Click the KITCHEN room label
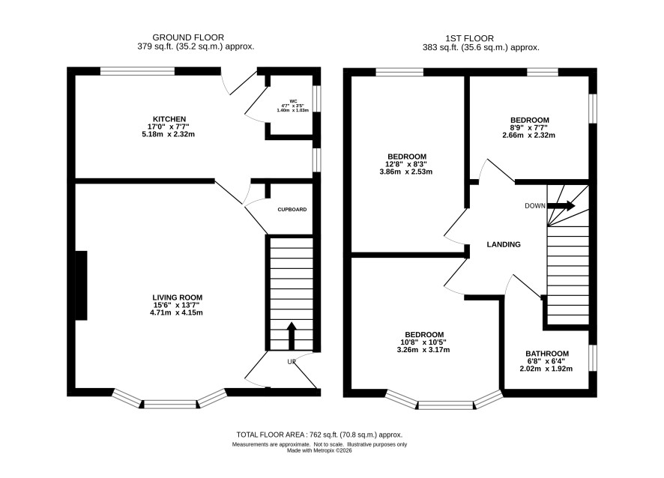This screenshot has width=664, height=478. point(169,119)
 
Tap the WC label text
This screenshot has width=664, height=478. point(293,100)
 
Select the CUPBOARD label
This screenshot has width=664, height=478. point(292,210)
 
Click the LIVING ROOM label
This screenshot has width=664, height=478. point(178,297)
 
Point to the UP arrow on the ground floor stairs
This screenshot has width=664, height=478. point(292,336)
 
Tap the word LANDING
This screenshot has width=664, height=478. point(504,244)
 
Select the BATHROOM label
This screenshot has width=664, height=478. point(547,354)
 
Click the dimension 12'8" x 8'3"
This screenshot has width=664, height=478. point(405,164)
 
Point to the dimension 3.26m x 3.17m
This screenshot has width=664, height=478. point(423,350)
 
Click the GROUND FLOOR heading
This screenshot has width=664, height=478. point(188,37)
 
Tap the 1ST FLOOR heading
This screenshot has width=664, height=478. point(469,38)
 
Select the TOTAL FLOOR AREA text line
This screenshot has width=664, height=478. point(319,435)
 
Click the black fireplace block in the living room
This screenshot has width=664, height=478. point(81,285)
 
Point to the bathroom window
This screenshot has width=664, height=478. point(593,358)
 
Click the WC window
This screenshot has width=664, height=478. point(316,99)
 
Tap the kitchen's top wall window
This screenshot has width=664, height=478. point(137,71)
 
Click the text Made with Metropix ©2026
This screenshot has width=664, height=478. point(319,450)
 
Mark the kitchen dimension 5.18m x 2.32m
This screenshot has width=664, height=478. point(168,134)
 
